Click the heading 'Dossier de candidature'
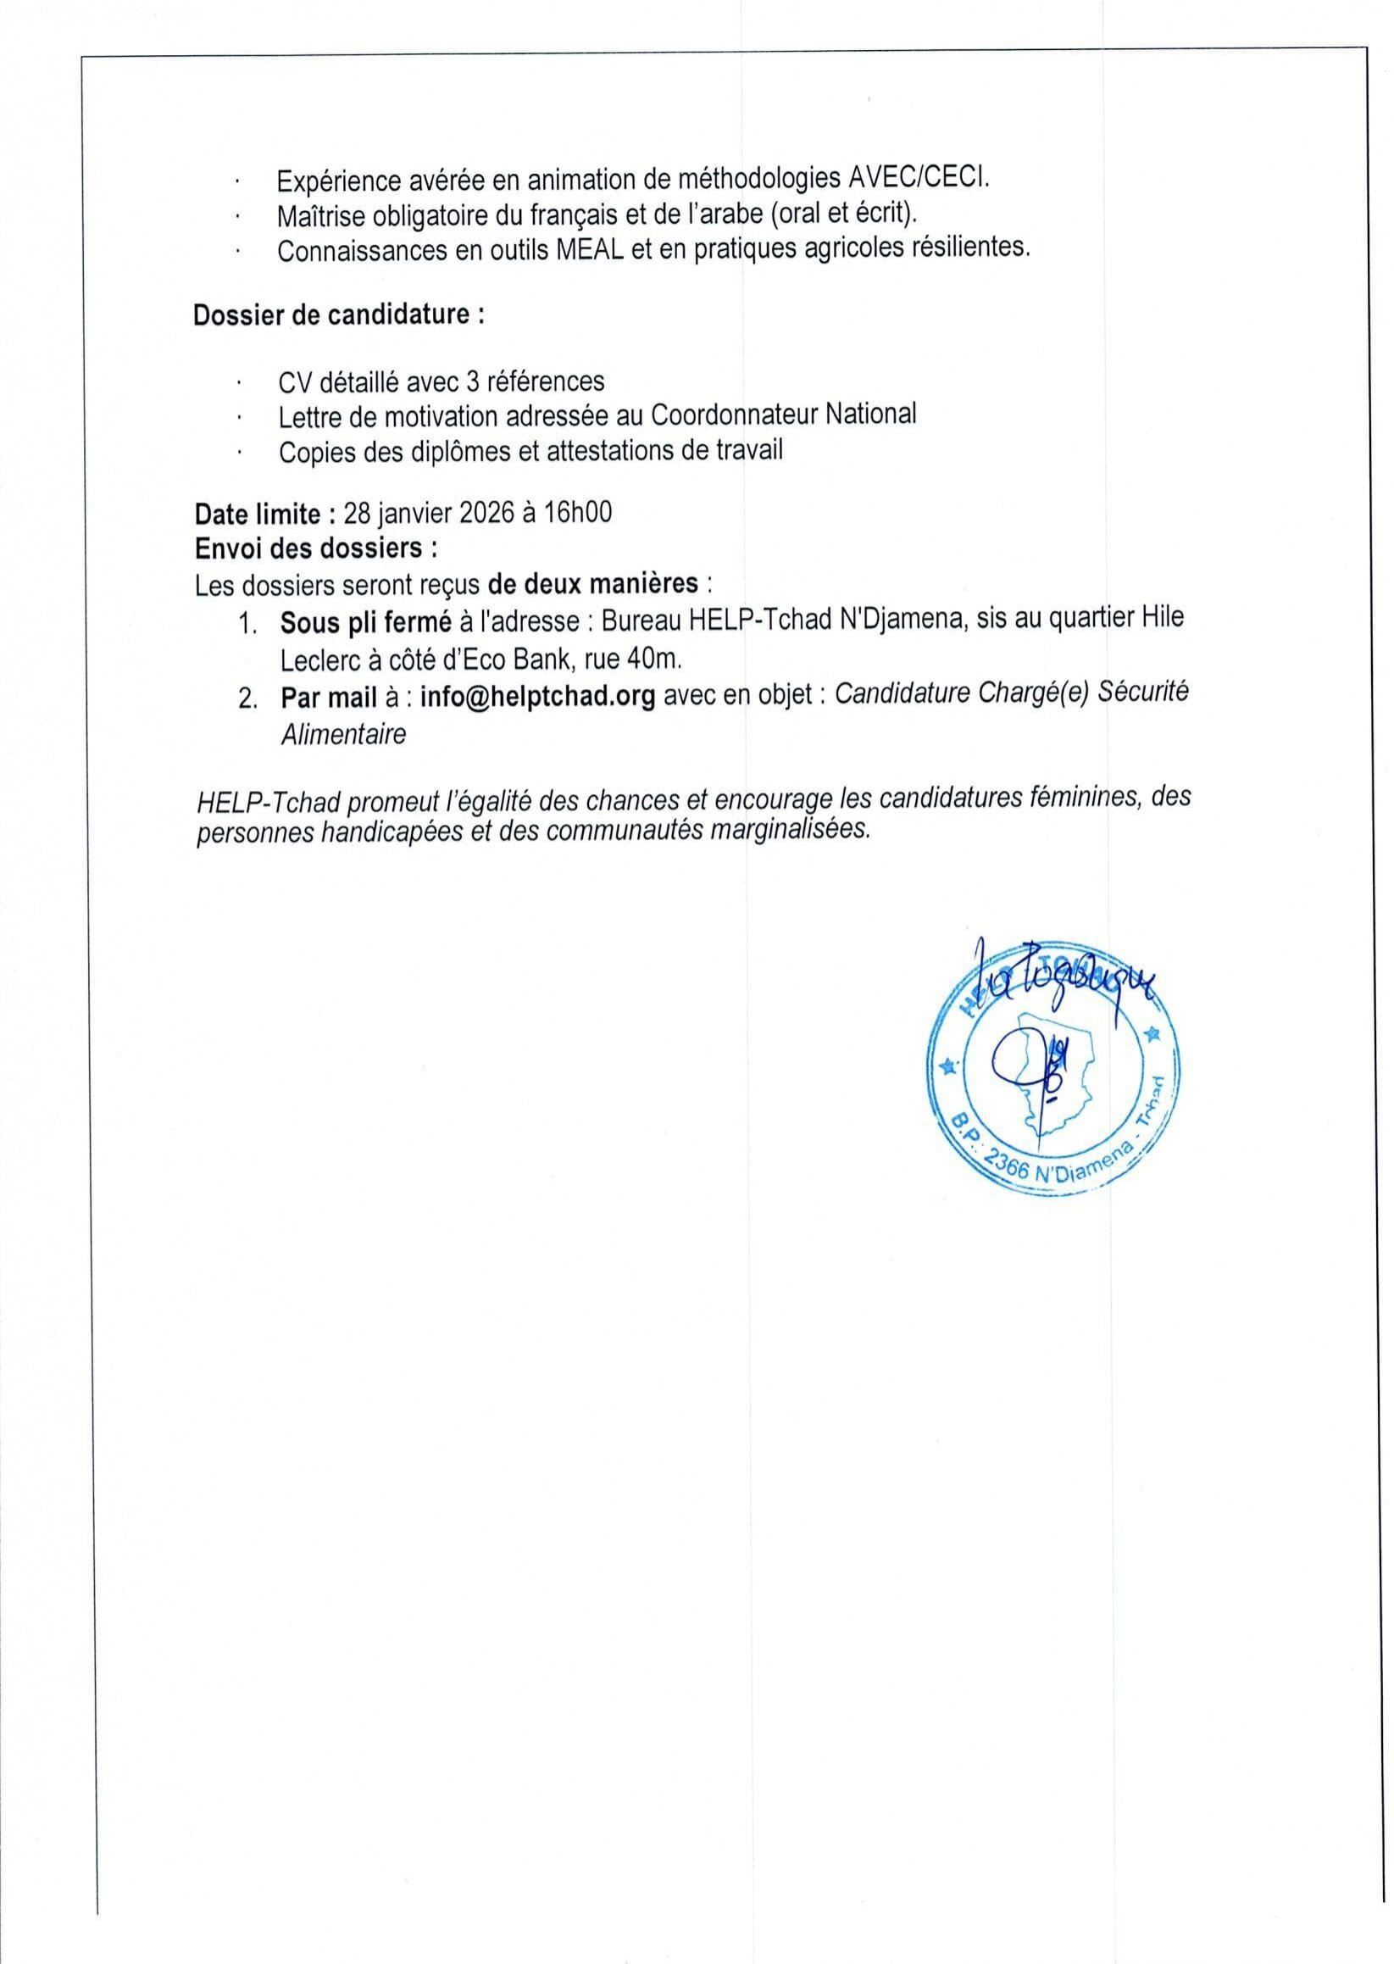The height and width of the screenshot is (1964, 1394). pyautogui.click(x=338, y=315)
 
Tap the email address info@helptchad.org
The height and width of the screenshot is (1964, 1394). pyautogui.click(x=537, y=695)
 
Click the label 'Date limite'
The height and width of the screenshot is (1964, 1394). pyautogui.click(x=258, y=514)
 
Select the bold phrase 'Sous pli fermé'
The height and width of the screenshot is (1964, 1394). pyautogui.click(x=366, y=620)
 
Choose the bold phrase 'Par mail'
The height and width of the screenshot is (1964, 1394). pyautogui.click(x=329, y=696)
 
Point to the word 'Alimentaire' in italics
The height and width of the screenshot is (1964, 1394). pyautogui.click(x=343, y=735)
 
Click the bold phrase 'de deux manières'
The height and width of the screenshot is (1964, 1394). pyautogui.click(x=592, y=584)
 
